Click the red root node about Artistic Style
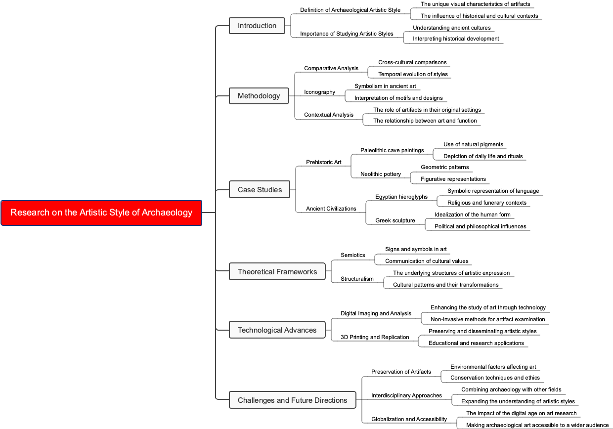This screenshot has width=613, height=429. (x=101, y=213)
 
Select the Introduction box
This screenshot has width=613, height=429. (x=257, y=26)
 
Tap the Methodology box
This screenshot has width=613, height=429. (x=259, y=96)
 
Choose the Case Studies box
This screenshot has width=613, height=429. (x=260, y=190)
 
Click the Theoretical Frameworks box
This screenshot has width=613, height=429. (x=277, y=272)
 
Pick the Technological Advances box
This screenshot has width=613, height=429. (x=277, y=330)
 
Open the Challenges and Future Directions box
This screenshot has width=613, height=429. (x=292, y=400)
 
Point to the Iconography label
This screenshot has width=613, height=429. (x=319, y=92)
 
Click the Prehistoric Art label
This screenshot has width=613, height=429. (x=323, y=162)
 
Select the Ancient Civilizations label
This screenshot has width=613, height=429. (x=331, y=209)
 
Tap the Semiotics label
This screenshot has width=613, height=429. (x=352, y=255)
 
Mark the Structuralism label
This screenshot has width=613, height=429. (x=357, y=279)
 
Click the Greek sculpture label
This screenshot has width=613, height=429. (x=395, y=220)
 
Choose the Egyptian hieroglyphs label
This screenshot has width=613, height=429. (x=401, y=197)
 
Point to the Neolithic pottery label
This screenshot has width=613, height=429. (x=381, y=174)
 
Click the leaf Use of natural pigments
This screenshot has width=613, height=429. (x=473, y=144)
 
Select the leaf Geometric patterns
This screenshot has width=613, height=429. (x=444, y=167)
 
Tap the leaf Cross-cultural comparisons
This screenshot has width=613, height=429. (x=412, y=62)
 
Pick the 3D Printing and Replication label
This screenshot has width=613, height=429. (x=375, y=337)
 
